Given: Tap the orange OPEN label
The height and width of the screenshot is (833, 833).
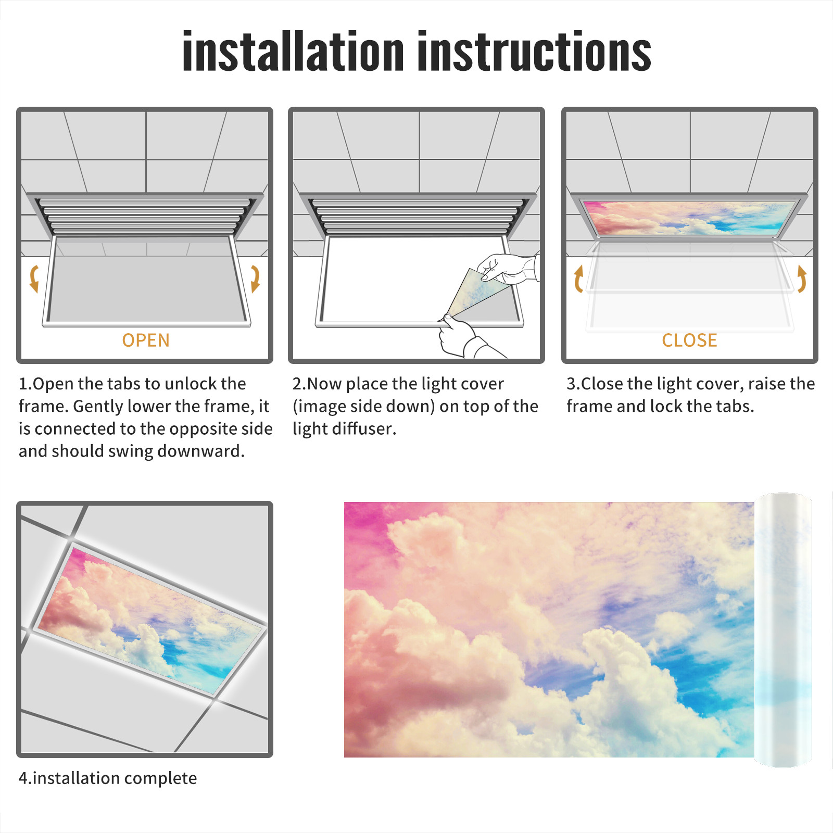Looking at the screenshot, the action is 146,340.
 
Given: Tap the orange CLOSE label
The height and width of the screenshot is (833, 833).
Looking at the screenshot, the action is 689,340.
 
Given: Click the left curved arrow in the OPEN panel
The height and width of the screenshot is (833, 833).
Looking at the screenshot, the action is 34,279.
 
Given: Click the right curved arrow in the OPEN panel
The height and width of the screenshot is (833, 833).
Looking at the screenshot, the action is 255,279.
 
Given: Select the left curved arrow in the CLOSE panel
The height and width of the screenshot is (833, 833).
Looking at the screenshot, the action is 578,279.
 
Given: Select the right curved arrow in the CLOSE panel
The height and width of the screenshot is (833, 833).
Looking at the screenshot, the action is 802,279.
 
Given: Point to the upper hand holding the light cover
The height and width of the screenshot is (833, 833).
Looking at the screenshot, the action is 508,269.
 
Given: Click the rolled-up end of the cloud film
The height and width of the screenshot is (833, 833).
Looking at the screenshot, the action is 783,630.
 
